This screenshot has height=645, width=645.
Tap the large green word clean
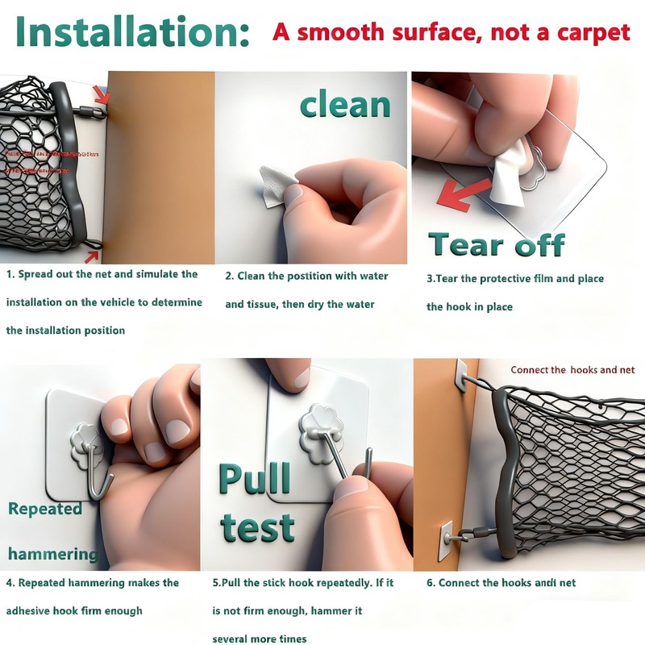point(345,105)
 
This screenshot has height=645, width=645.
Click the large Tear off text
point(496,243)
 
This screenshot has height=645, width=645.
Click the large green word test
point(257,528)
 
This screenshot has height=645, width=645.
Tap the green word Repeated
point(45,509)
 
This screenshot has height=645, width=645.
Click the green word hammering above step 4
point(53,554)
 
